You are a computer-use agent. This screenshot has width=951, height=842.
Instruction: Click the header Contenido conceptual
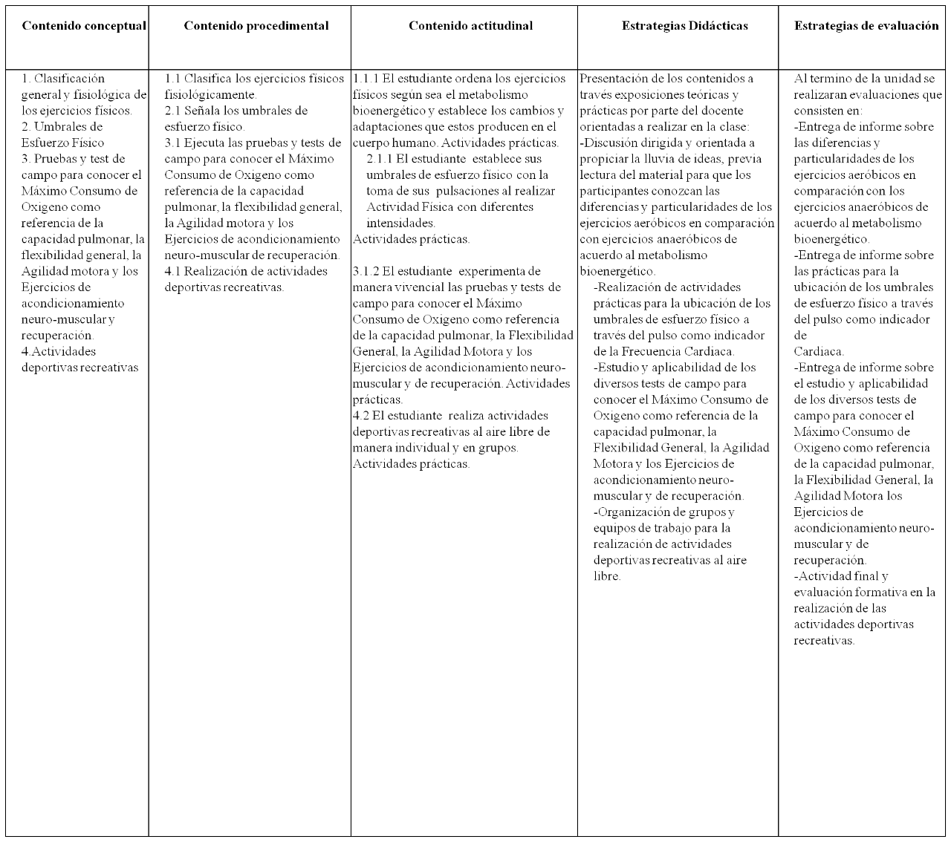tap(84, 26)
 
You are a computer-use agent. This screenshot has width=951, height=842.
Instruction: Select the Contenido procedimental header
tap(256, 26)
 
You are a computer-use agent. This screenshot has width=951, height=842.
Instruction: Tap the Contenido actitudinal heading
tap(470, 26)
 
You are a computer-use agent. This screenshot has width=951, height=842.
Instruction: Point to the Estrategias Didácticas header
tap(684, 26)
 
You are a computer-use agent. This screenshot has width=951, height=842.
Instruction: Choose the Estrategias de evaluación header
tap(866, 26)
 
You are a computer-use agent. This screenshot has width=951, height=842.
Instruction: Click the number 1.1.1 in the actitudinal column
tap(366, 79)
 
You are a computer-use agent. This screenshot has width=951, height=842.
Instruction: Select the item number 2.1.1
tap(380, 159)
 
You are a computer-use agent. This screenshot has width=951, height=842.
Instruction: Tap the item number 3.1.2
tap(366, 271)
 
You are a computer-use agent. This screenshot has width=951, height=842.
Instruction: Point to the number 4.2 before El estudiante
tap(361, 416)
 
